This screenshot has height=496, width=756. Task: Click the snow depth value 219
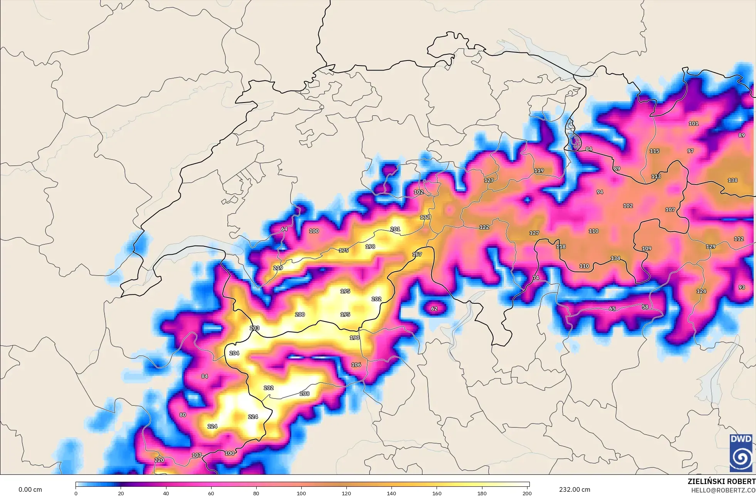pos(278,268)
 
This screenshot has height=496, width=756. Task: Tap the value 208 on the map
pos(304,393)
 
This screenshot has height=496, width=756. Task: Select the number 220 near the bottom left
pos(159,460)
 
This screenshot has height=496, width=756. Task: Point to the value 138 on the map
pos(732,180)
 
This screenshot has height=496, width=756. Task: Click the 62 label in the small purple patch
pos(434,309)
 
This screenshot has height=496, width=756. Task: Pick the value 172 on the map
pos(425,217)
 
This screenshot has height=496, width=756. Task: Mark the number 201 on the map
pos(395,229)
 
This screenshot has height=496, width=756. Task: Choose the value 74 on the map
pos(536,277)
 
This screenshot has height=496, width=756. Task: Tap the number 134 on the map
pos(615,258)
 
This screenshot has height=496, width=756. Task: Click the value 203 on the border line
pos(254,328)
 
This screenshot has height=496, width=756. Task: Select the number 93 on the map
pos(741,287)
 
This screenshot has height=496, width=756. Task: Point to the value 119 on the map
pos(539,170)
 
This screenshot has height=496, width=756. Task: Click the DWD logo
pos(741,452)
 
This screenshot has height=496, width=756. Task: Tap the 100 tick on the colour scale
pos(301,493)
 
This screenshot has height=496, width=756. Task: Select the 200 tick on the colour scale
pos(527,493)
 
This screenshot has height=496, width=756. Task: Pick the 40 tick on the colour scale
pos(166,493)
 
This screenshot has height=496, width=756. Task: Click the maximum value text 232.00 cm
pos(575,489)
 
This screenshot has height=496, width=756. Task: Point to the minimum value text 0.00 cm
pos(30,489)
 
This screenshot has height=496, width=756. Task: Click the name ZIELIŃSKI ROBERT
pos(721,481)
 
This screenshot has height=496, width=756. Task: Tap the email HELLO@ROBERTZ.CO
pos(723,490)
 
